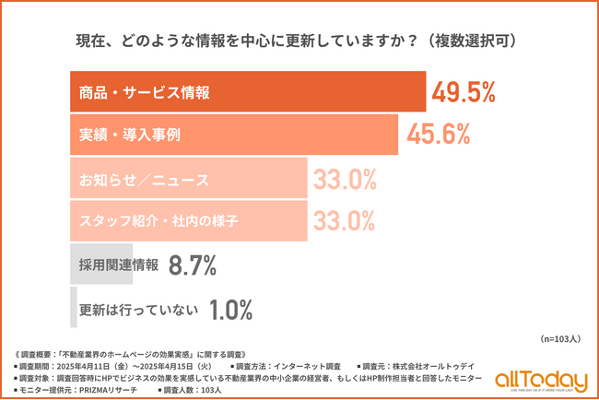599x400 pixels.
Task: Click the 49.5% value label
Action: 464,92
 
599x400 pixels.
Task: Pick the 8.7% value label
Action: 192,265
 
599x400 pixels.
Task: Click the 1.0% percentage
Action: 230,310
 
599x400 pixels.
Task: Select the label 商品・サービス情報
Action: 145,92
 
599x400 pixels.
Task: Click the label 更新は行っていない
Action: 137,310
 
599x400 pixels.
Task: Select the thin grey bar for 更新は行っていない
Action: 73,308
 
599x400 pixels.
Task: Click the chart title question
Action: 299,41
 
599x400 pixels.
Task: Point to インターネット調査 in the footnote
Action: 303,364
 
